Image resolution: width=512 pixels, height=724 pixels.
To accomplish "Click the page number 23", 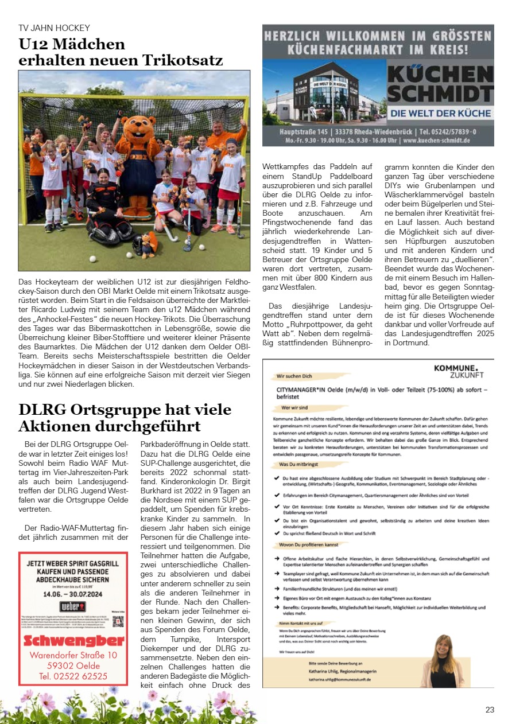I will coord(490,710).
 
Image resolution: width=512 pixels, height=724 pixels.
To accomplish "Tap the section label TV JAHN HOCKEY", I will coord(55,28).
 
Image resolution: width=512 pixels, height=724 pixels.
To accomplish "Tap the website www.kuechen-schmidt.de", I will coord(436,139).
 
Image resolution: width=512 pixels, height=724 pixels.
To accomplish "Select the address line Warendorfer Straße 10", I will coord(73,655).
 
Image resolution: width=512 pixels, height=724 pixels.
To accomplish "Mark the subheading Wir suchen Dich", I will coord(294,376).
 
